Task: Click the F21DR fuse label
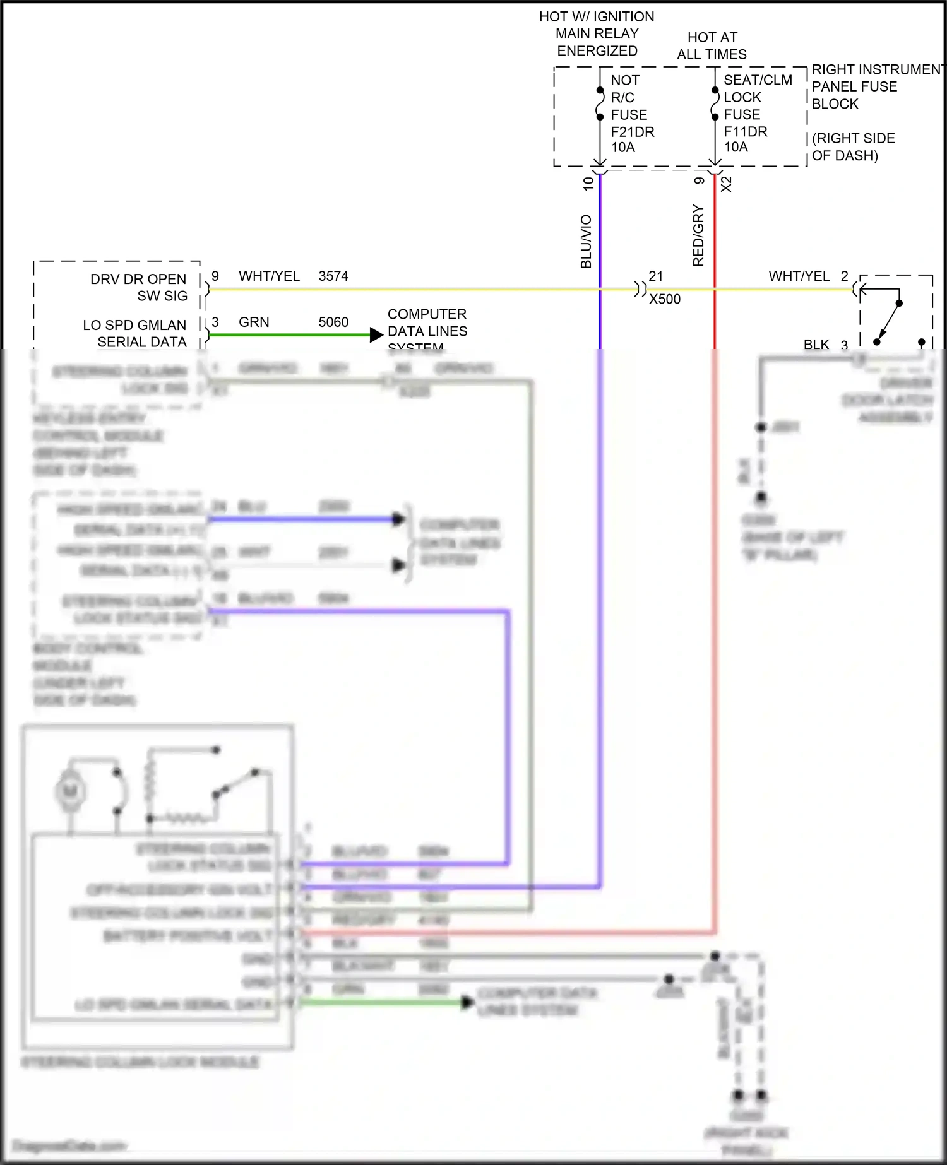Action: (632, 132)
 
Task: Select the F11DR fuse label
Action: (745, 131)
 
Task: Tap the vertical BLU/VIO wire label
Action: (586, 242)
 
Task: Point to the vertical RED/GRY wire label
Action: (698, 235)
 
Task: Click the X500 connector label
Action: (665, 299)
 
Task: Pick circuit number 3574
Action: (333, 276)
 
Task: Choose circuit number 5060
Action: (333, 322)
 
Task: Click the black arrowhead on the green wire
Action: (377, 334)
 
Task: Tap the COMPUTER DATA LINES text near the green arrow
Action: (427, 323)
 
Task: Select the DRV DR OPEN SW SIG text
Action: (139, 287)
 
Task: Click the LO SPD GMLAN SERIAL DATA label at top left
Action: (135, 333)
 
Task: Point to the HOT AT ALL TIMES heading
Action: (712, 46)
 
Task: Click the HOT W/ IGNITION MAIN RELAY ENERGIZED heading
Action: (597, 33)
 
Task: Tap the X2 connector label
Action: (727, 184)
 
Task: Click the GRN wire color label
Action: (254, 322)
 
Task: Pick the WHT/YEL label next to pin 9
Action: (269, 276)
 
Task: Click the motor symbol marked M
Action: (70, 791)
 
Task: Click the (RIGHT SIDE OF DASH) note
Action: (853, 146)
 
